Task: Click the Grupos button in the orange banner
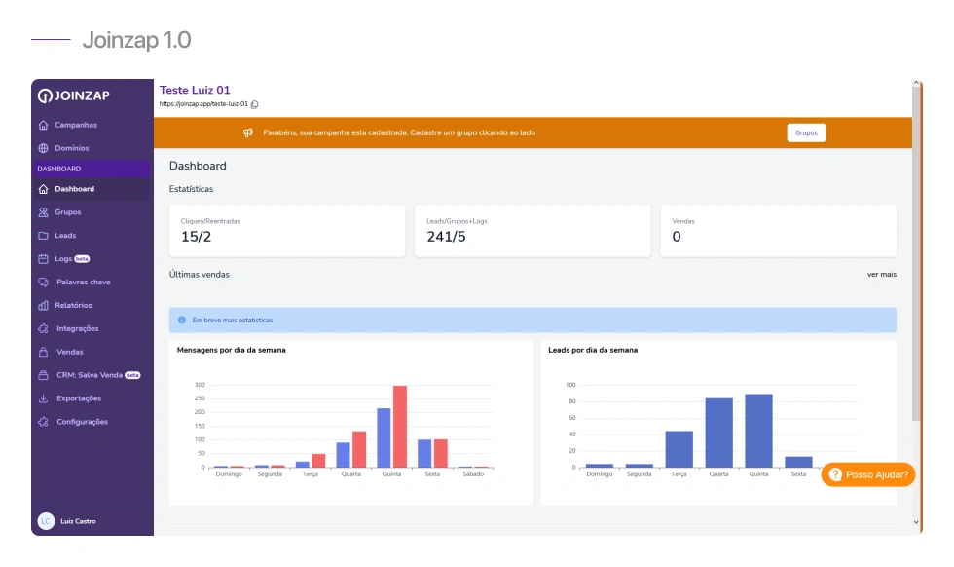pos(806,132)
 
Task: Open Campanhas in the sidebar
pos(76,125)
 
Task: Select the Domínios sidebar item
pos(72,148)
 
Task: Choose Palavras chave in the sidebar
pos(84,282)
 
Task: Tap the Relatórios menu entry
pos(73,305)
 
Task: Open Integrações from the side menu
pos(77,328)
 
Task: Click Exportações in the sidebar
pos(79,398)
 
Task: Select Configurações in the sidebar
pos(82,422)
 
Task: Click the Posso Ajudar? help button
pos(867,474)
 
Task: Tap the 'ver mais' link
pos(882,275)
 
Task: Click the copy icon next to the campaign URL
pos(255,104)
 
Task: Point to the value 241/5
pos(446,237)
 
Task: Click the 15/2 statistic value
pos(196,237)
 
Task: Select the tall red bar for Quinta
pos(400,427)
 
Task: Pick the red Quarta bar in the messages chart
pos(359,449)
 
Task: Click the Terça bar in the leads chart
pos(679,449)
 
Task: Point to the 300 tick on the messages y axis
pos(200,385)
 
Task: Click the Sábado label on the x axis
pos(473,474)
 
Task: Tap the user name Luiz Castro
pos(78,521)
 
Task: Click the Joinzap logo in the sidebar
pos(74,95)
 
